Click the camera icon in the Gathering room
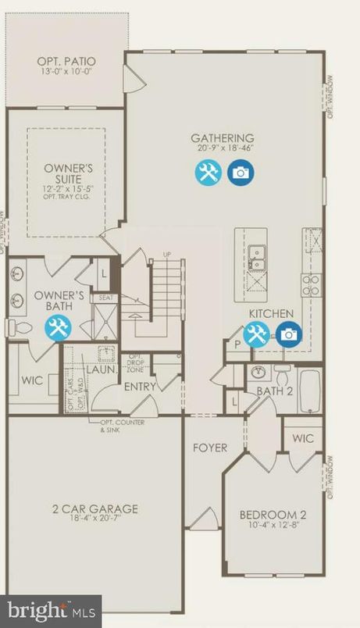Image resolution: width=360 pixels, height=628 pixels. (239, 173)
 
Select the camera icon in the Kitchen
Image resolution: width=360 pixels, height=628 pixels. (288, 334)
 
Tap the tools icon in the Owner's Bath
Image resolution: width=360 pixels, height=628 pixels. (57, 329)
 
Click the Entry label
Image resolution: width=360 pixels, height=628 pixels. (141, 386)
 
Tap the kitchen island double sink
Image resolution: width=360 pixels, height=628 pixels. (256, 258)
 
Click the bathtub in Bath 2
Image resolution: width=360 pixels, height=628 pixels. (309, 393)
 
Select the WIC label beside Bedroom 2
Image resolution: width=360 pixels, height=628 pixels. (303, 439)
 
